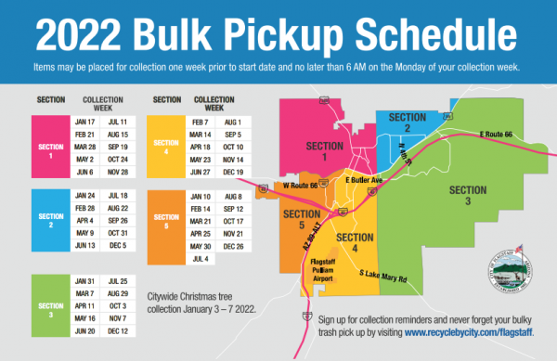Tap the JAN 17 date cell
tap(84, 122)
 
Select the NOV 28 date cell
tap(118, 173)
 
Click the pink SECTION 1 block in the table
tap(51, 147)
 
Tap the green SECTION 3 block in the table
tap(51, 305)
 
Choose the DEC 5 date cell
tap(118, 245)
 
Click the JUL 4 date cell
tap(201, 259)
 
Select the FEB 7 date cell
tap(200, 122)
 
